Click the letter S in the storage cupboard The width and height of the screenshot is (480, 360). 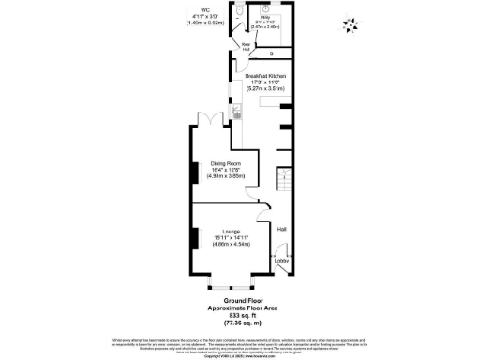[271, 54]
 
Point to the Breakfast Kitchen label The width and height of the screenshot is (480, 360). [264, 75]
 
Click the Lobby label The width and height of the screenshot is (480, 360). [281, 261]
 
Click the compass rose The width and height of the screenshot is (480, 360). [352, 25]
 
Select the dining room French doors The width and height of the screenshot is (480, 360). [209, 119]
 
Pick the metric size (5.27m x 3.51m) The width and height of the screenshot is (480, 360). [264, 88]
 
